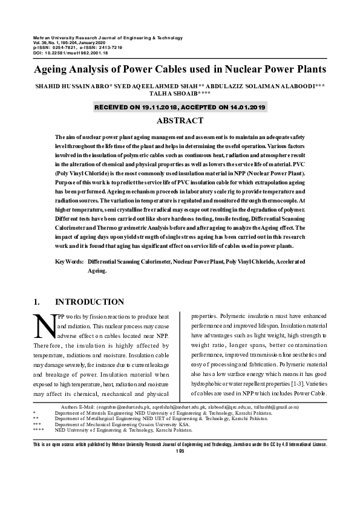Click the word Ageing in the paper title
click(53, 69)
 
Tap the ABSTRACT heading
click(180, 121)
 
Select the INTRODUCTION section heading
click(90, 302)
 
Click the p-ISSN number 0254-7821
click(70, 48)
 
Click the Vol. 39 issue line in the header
click(73, 43)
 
